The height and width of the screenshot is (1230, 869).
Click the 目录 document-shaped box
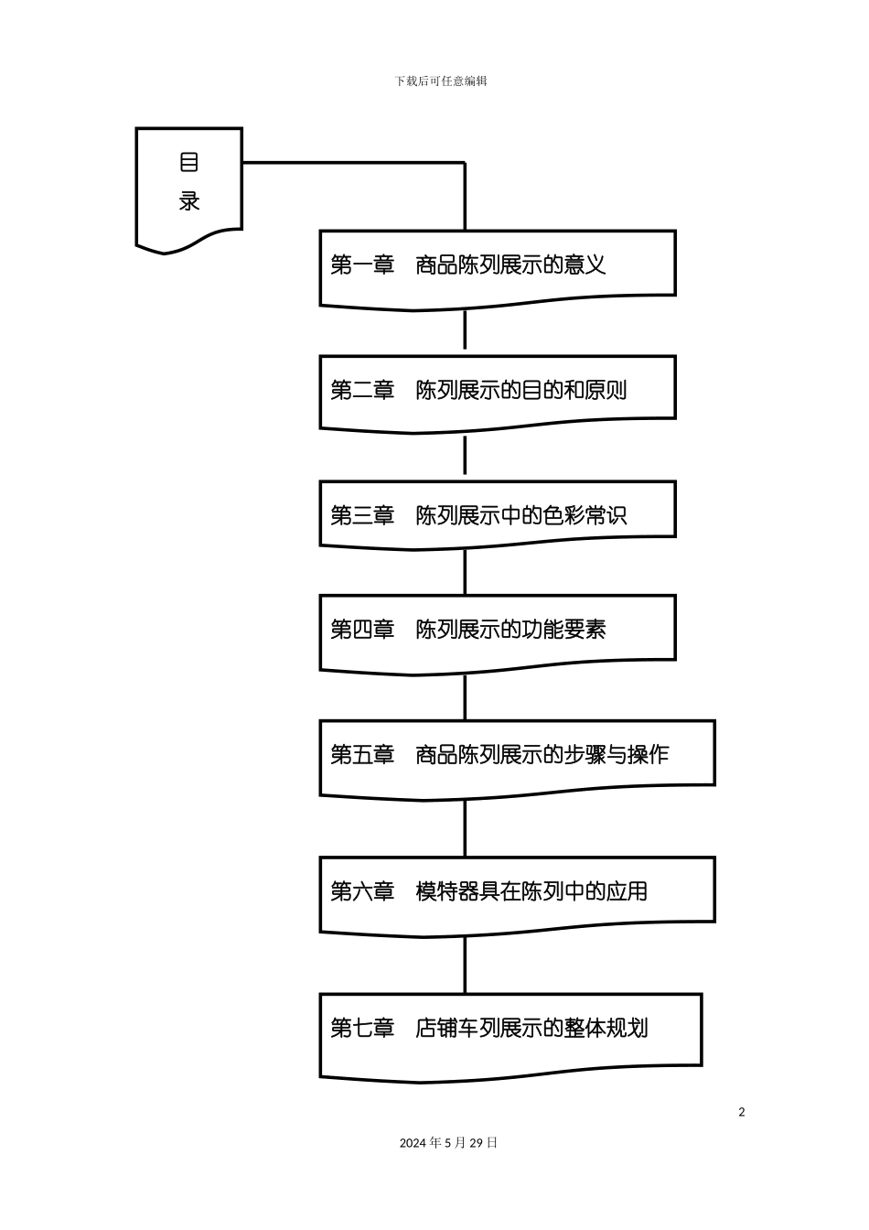pyautogui.click(x=188, y=183)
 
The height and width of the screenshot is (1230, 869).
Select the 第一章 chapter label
pyautogui.click(x=361, y=265)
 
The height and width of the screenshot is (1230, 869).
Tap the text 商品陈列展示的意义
pyautogui.click(x=510, y=265)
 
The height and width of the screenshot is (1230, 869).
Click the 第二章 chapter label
pyautogui.click(x=361, y=391)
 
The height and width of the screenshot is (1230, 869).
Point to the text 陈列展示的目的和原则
pyautogui.click(x=521, y=391)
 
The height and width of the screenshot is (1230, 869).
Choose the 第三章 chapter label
pyautogui.click(x=361, y=516)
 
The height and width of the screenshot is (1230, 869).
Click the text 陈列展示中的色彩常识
pyautogui.click(x=521, y=516)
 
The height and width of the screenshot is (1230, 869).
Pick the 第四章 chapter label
pyautogui.click(x=361, y=630)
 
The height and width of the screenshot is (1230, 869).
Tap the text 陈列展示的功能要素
pyautogui.click(x=510, y=630)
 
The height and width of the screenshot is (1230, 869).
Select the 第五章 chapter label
pyautogui.click(x=361, y=755)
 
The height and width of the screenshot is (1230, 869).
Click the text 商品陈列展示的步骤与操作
pyautogui.click(x=542, y=755)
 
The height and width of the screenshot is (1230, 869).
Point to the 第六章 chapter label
pyautogui.click(x=361, y=891)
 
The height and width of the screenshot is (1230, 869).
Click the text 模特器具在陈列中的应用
pyautogui.click(x=531, y=891)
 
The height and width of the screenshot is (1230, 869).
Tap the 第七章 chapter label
pyautogui.click(x=361, y=1028)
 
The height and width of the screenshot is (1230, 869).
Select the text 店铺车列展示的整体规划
pyautogui.click(x=531, y=1028)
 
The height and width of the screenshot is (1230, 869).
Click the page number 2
pyautogui.click(x=742, y=1113)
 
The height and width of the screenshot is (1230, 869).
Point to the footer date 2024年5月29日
pyautogui.click(x=448, y=1143)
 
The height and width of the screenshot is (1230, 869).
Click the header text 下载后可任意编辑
pyautogui.click(x=441, y=81)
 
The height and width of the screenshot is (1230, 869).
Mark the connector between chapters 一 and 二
pyautogui.click(x=465, y=330)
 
